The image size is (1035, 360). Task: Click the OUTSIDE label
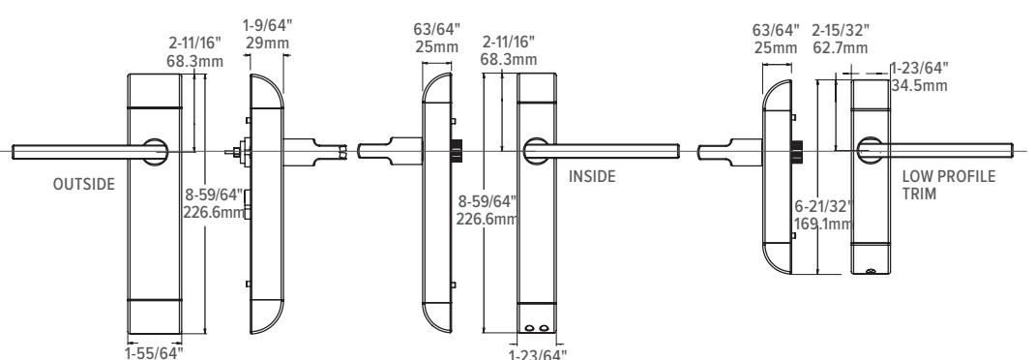pyautogui.click(x=84, y=184)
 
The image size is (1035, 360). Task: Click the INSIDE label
pyautogui.click(x=592, y=176)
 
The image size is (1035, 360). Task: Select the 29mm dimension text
pyautogui.click(x=267, y=43)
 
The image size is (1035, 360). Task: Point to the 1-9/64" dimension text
pyautogui.click(x=267, y=26)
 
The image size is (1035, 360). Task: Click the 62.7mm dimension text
pyautogui.click(x=841, y=47)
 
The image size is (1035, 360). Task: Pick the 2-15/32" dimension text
pyautogui.click(x=841, y=30)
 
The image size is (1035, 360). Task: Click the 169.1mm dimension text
pyautogui.click(x=823, y=224)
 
